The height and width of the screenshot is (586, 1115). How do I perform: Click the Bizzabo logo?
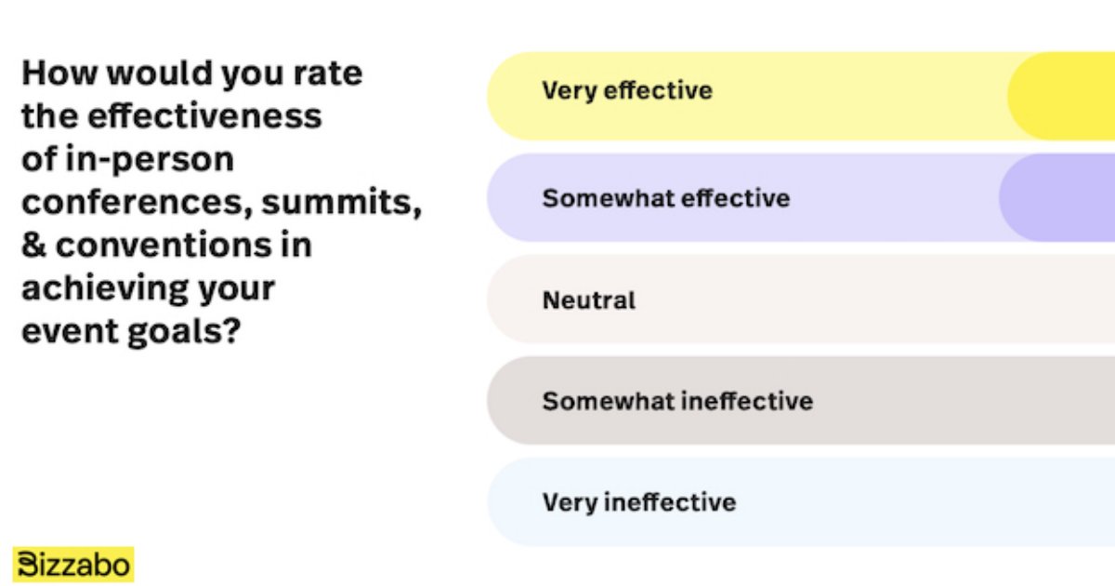(x=74, y=565)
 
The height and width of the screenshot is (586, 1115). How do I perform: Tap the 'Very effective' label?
(x=627, y=91)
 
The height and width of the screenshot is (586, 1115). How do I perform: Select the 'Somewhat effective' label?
(x=666, y=198)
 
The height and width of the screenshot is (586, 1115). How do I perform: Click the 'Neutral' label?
(x=589, y=300)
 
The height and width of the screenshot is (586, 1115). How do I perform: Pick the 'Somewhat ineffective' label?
(x=677, y=401)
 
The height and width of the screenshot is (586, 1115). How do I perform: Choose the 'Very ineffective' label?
(x=639, y=502)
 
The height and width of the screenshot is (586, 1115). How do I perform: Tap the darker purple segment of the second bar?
(x=1059, y=197)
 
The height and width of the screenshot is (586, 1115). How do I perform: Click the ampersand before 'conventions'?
(x=34, y=246)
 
